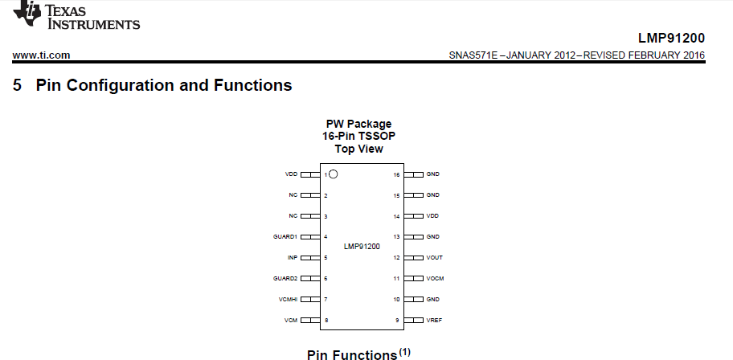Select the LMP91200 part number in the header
coord(671,38)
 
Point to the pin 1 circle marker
coord(334,174)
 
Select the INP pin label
coord(293,258)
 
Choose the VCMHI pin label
coord(288,300)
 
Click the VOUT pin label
coord(434,258)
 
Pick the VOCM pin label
coord(435,279)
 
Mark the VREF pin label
coord(434,321)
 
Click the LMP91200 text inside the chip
coord(362,247)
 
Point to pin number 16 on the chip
coord(396,174)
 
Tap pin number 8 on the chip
coord(326,321)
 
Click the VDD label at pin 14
coord(432,216)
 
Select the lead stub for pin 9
coord(413,321)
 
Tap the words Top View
coord(358,149)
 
